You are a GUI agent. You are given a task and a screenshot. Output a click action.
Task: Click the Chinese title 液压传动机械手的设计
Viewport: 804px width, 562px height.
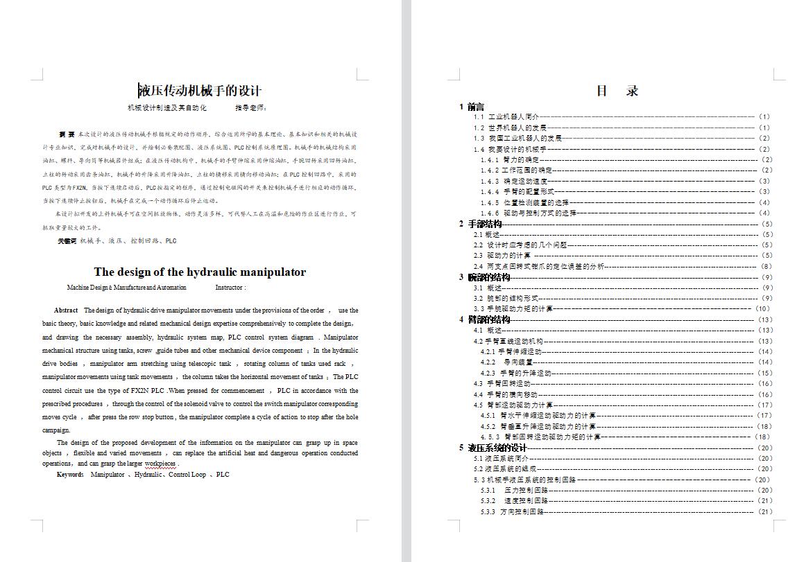pyautogui.click(x=200, y=91)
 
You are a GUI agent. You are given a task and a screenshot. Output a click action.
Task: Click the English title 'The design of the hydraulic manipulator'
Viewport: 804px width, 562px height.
pyautogui.click(x=200, y=272)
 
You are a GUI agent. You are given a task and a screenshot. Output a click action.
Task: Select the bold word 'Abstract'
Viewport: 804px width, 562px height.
pyautogui.click(x=66, y=310)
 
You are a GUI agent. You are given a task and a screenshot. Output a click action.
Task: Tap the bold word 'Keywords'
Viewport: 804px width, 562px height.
pyautogui.click(x=70, y=475)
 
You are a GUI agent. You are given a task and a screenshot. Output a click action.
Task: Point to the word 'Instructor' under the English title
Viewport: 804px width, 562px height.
pyautogui.click(x=230, y=288)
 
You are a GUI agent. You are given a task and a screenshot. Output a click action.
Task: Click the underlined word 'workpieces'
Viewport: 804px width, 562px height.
pyautogui.click(x=160, y=464)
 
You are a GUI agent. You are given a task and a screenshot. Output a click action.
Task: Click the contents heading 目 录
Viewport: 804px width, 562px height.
pyautogui.click(x=617, y=91)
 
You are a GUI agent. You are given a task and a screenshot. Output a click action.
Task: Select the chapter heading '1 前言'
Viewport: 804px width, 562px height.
pyautogui.click(x=472, y=107)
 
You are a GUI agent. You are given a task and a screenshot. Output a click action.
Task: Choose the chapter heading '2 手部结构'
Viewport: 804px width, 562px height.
pyautogui.click(x=480, y=224)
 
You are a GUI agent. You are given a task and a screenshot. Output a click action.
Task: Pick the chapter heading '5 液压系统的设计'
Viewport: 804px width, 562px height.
pyautogui.click(x=493, y=448)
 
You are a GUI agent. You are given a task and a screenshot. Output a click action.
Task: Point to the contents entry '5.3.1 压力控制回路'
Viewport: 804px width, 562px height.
pyautogui.click(x=514, y=490)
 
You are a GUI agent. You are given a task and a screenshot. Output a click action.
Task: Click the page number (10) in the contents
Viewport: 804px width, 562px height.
pyautogui.click(x=762, y=309)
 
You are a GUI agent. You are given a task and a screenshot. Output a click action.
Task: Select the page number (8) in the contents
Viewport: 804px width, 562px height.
pyautogui.click(x=766, y=266)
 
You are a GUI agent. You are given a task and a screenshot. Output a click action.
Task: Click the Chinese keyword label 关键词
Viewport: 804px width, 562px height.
pyautogui.click(x=67, y=241)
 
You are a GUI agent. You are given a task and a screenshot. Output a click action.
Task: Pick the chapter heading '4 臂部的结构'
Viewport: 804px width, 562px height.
pyautogui.click(x=484, y=319)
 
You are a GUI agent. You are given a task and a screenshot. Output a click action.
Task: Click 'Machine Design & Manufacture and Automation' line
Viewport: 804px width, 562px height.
pyautogui.click(x=127, y=288)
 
